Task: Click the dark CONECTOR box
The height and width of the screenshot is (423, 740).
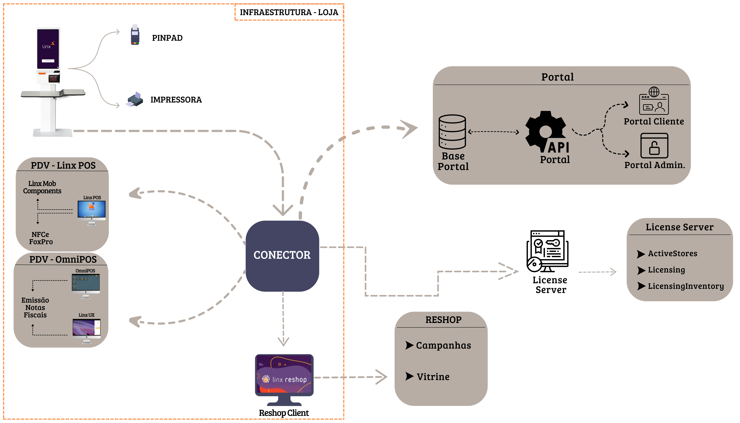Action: [282, 256]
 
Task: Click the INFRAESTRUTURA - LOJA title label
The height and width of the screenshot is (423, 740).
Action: [289, 12]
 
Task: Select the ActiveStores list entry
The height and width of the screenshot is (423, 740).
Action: [672, 254]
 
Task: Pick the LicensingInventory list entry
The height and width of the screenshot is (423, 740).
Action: [685, 286]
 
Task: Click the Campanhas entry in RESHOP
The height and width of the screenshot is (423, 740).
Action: [443, 345]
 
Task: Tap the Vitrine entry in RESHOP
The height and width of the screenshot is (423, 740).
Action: [433, 377]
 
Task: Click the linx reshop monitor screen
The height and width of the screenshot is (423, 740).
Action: [284, 375]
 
